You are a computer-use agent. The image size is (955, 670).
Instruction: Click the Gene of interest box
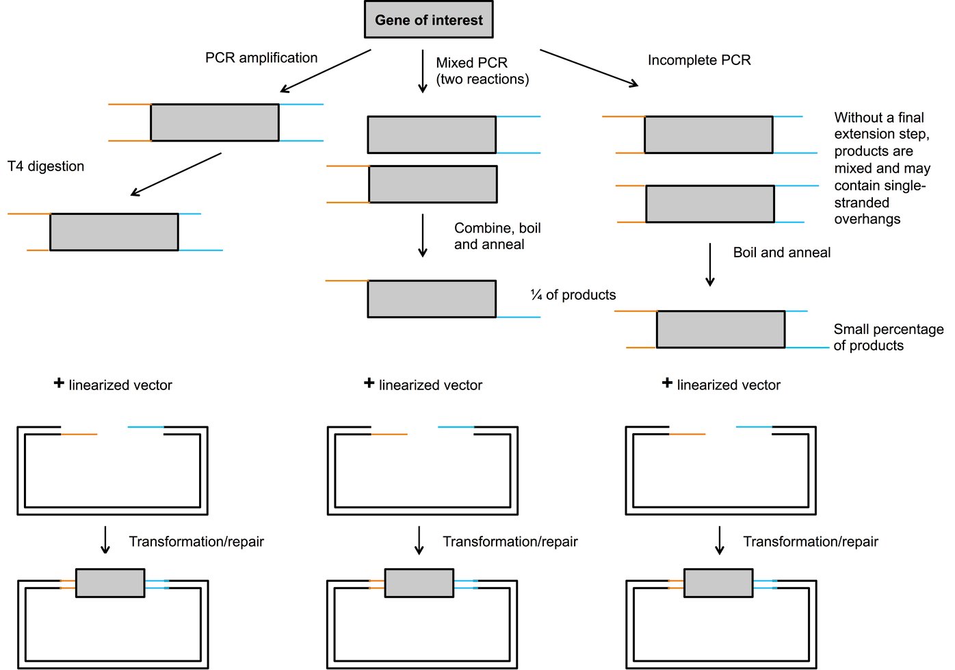[x=428, y=20]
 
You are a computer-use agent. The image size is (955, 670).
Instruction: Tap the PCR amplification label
[x=261, y=58]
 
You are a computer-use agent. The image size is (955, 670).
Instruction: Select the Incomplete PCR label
[x=698, y=60]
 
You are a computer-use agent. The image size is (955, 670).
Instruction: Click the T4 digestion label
[x=46, y=166]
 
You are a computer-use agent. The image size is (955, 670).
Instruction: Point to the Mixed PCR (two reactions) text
[x=482, y=71]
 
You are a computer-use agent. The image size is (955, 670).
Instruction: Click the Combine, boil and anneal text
[x=497, y=236]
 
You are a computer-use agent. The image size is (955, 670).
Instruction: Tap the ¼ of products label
[x=573, y=295]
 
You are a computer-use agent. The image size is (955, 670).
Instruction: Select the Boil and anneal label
[x=781, y=253]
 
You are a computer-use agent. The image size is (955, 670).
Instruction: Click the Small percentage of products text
[x=887, y=337]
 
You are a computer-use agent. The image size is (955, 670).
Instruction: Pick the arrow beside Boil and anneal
[x=709, y=264]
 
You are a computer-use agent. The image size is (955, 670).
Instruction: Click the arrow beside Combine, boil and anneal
[x=422, y=235]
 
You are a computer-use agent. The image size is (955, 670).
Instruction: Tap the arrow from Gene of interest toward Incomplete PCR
[x=589, y=68]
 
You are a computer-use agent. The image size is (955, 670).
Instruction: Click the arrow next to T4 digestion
[x=176, y=175]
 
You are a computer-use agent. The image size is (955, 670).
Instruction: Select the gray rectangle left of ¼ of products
[x=432, y=299]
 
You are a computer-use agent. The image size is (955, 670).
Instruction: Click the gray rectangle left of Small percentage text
[x=720, y=329]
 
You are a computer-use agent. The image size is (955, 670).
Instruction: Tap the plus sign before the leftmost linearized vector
[x=59, y=383]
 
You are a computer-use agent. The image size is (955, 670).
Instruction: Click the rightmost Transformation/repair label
[x=810, y=542]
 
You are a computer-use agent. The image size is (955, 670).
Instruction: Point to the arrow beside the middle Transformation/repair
[x=419, y=540]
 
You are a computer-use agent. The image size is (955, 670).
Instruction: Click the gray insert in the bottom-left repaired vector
[x=110, y=583]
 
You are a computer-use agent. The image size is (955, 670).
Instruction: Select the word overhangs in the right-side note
[x=867, y=220]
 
